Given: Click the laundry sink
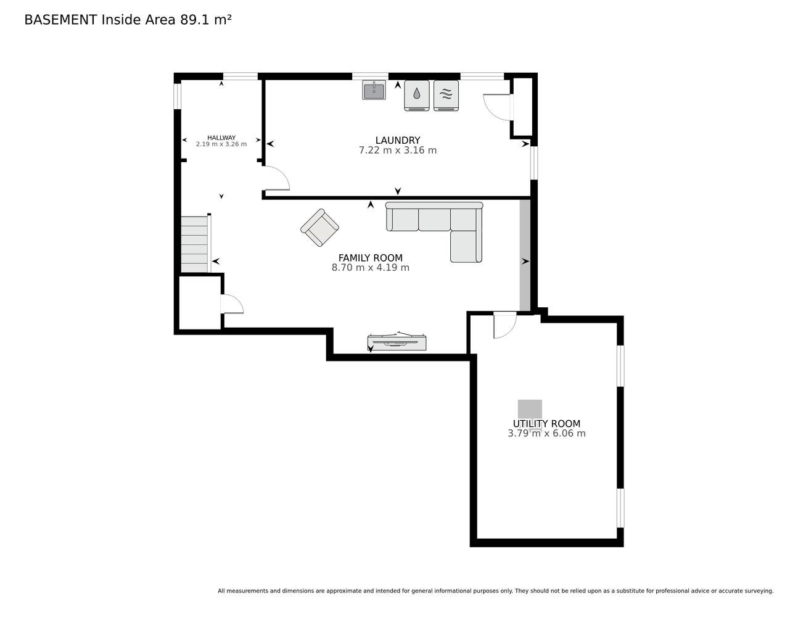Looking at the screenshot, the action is pyautogui.click(x=374, y=90).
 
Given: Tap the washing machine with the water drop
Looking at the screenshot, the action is pyautogui.click(x=416, y=95).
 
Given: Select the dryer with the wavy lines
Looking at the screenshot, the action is pyautogui.click(x=446, y=95).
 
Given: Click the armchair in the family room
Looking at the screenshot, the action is pyautogui.click(x=319, y=227).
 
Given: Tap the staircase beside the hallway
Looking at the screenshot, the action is pyautogui.click(x=195, y=244).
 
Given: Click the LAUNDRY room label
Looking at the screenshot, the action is pyautogui.click(x=397, y=140).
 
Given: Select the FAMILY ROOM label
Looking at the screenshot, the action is pyautogui.click(x=370, y=258).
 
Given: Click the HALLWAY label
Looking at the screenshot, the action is pyautogui.click(x=221, y=138).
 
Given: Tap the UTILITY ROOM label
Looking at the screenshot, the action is pyautogui.click(x=546, y=423).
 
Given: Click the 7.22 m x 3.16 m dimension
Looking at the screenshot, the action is pyautogui.click(x=398, y=150).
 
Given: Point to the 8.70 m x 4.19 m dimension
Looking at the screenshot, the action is pyautogui.click(x=370, y=267).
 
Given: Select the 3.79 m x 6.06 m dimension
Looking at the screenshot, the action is pyautogui.click(x=546, y=433).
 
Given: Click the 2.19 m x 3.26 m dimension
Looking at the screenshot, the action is pyautogui.click(x=221, y=144).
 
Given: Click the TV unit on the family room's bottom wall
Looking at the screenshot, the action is pyautogui.click(x=397, y=342).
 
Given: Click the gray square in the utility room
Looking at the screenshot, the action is pyautogui.click(x=530, y=410).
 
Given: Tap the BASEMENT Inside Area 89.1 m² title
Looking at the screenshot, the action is pyautogui.click(x=128, y=20).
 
